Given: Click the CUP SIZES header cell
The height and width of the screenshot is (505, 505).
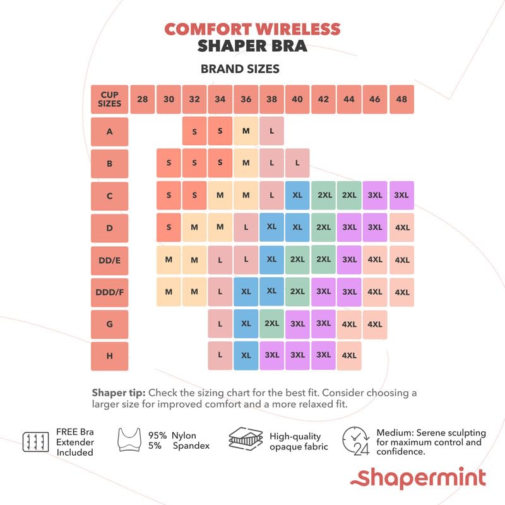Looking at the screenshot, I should point(110,99).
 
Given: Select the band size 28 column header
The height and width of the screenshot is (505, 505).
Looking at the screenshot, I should point(143,99).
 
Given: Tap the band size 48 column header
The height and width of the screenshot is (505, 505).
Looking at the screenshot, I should point(401,99).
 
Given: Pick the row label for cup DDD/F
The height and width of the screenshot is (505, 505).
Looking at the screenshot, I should point(110,292).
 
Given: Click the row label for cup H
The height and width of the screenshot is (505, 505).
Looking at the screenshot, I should point(110,356).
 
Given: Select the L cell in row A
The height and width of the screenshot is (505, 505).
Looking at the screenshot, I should point(271,131).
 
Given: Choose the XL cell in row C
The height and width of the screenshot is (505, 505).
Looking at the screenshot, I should point(297,196).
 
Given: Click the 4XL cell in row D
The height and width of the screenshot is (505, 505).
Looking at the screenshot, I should point(401,227).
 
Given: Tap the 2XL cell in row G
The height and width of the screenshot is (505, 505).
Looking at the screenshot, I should point(271,324).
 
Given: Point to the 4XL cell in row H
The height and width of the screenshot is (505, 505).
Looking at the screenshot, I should point(349,356).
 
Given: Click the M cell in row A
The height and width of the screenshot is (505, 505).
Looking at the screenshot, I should point(246,131).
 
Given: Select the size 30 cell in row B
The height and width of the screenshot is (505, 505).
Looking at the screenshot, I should point(169,163).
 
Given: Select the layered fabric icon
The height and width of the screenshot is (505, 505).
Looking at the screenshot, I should point(245,440).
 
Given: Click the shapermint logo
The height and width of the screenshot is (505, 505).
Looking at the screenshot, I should point(422,478).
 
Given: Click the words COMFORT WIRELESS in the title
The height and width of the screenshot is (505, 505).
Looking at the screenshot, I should point(252,29).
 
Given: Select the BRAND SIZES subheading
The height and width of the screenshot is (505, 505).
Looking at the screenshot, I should point(240,68).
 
